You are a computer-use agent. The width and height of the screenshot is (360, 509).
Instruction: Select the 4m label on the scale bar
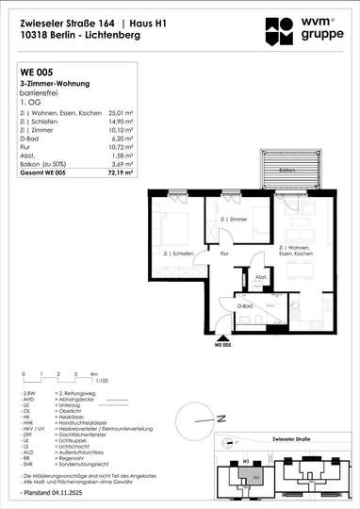pos(95,374)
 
